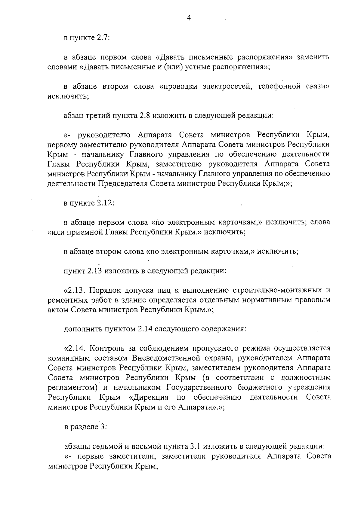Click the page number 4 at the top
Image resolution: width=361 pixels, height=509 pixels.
click(189, 18)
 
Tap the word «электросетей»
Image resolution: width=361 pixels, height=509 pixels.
click(222, 87)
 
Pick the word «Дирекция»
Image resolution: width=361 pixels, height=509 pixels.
click(153, 397)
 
